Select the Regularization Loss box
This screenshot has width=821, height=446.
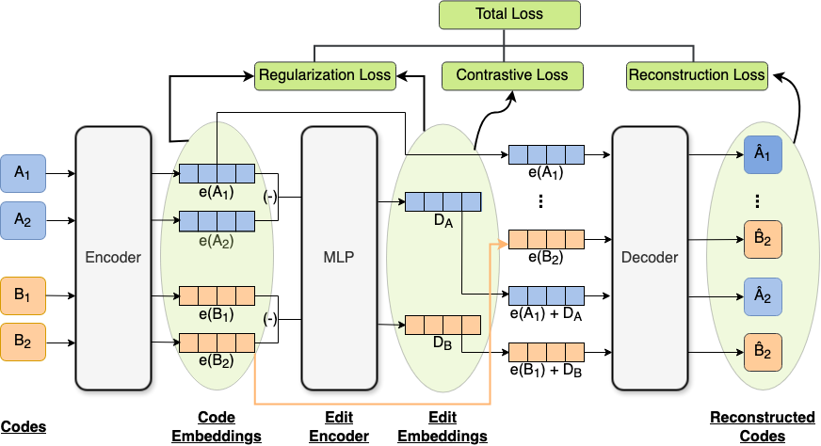pyautogui.click(x=325, y=75)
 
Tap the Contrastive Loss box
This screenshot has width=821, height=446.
pyautogui.click(x=511, y=75)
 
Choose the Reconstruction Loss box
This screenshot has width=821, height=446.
pyautogui.click(x=697, y=75)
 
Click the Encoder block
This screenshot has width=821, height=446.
pyautogui.click(x=113, y=258)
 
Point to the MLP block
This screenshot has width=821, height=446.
pyautogui.click(x=339, y=258)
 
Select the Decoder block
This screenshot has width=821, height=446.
pyautogui.click(x=650, y=258)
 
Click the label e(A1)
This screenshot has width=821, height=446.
pyautogui.click(x=217, y=193)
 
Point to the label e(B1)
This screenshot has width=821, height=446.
pyautogui.click(x=217, y=314)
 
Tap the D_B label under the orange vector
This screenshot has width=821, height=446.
pyautogui.click(x=443, y=343)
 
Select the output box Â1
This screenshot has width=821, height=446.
pyautogui.click(x=763, y=155)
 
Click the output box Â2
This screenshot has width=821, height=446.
pyautogui.click(x=763, y=296)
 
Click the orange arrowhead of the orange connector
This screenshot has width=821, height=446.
pyautogui.click(x=503, y=244)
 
